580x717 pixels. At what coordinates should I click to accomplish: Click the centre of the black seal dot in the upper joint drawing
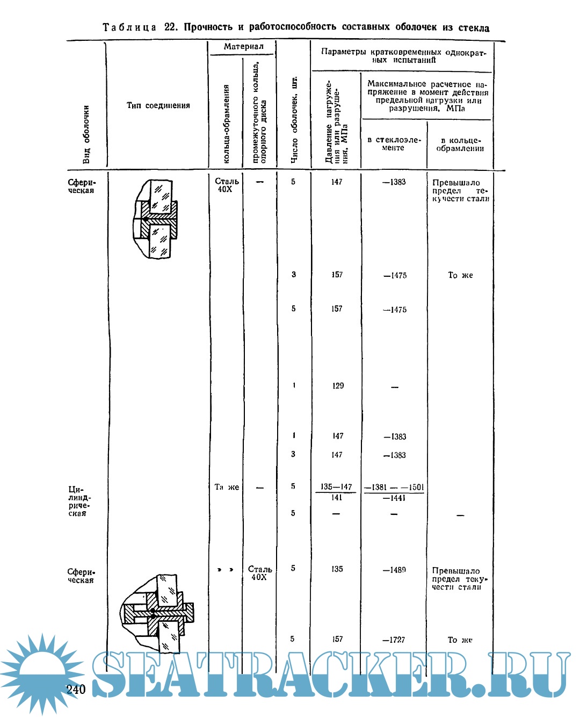[x=145, y=219]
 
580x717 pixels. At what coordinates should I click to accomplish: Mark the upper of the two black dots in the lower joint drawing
[x=153, y=610]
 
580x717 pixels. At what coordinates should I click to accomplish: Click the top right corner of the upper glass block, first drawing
[x=172, y=181]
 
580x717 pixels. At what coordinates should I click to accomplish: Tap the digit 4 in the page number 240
[x=76, y=690]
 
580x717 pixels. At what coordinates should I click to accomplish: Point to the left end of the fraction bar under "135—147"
[x=315, y=492]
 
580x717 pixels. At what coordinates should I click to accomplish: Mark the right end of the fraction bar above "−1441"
[x=424, y=493]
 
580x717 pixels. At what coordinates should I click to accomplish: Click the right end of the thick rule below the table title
[x=505, y=41]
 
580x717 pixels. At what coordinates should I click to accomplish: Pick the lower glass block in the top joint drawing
[x=160, y=242]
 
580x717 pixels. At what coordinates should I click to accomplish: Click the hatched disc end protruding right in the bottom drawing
[x=189, y=613]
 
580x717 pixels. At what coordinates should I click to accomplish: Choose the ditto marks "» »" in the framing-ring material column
[x=225, y=570]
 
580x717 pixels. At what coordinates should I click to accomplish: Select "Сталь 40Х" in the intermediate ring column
[x=259, y=573]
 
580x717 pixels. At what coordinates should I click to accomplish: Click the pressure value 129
[x=338, y=386]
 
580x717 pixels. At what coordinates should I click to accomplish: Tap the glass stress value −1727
[x=394, y=640]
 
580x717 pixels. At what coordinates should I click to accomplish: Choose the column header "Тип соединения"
[x=158, y=105]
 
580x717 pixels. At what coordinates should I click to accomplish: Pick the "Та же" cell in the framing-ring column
[x=227, y=487]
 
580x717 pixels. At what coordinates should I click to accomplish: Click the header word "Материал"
[x=244, y=46]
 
